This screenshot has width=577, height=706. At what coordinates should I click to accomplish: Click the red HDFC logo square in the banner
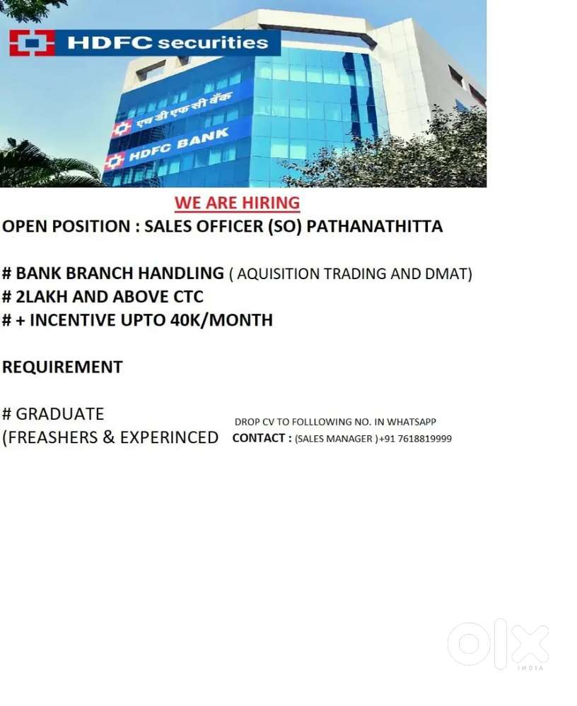(32, 43)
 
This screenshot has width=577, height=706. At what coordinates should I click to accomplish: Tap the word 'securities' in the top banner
(213, 43)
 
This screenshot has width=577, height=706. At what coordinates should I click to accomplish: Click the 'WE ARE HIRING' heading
(238, 203)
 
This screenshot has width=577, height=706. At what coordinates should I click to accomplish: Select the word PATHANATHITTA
(375, 226)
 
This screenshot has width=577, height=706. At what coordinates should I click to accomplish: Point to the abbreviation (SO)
(285, 226)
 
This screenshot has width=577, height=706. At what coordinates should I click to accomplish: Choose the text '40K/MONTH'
(221, 320)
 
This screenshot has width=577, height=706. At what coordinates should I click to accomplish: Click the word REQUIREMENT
(62, 367)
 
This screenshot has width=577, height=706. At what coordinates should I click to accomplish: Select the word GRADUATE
(60, 414)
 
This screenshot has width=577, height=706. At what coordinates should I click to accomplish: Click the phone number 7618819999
(425, 439)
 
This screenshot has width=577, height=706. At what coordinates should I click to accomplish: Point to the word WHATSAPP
(412, 422)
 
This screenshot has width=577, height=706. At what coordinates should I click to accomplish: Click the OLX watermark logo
(499, 644)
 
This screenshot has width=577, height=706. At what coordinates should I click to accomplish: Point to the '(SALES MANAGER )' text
(337, 439)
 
